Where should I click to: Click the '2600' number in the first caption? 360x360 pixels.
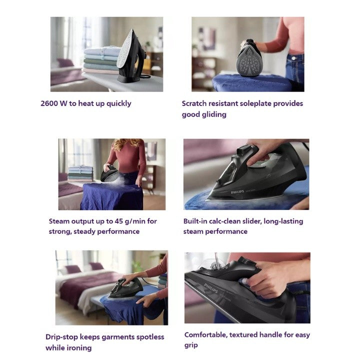coord(49,103)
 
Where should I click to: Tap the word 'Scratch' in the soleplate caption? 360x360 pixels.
coord(194,103)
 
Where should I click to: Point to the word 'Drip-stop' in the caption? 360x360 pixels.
coord(61,337)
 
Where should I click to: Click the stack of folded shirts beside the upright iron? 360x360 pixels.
coord(101,60)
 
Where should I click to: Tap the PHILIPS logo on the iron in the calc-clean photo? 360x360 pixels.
coord(237,192)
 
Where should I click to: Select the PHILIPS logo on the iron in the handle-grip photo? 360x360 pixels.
coord(211,288)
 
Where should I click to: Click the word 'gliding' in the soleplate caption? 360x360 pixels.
coord(215,114)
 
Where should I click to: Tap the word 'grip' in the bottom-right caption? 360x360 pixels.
coord(191,345)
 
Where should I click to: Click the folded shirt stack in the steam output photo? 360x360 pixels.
coord(80,173)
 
